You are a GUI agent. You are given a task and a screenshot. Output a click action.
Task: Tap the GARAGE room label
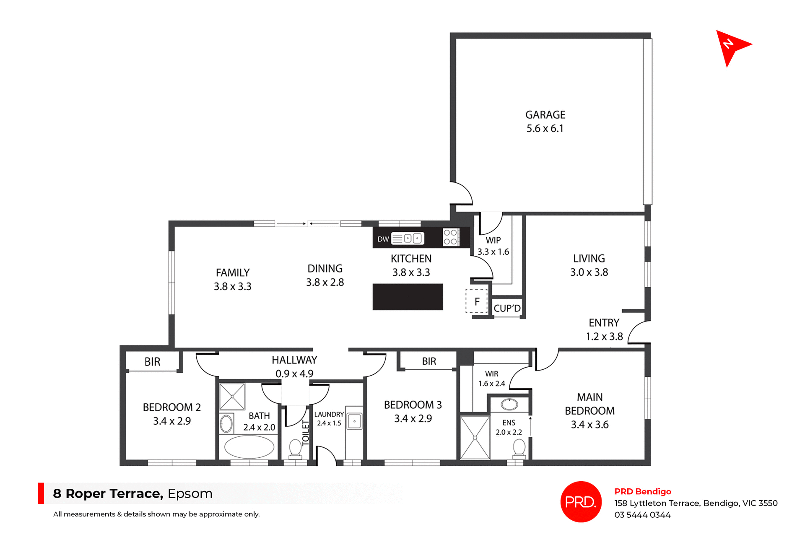point(545,115)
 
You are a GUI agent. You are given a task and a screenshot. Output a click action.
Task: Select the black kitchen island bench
point(408,297)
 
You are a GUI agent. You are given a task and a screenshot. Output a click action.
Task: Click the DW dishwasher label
point(383,239)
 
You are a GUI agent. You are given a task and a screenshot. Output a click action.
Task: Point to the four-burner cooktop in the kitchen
point(451,237)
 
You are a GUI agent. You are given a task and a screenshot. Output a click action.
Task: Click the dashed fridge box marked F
point(477,301)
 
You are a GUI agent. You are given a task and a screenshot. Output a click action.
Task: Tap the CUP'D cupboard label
point(507,309)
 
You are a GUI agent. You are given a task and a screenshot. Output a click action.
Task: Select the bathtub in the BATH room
point(249,447)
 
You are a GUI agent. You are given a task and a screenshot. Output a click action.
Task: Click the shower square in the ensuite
point(475,438)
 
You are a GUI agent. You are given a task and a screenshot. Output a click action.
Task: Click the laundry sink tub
point(354,421)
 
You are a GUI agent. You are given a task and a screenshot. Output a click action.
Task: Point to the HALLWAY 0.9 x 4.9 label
point(294,366)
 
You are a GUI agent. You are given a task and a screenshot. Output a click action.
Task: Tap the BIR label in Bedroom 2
point(152,362)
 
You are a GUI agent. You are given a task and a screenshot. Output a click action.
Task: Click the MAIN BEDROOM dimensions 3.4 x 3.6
point(589,425)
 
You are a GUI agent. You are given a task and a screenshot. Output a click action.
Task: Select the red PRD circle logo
point(581,501)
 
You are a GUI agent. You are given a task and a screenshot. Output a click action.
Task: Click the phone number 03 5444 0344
point(642,515)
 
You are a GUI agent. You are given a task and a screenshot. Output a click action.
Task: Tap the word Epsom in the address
point(190,493)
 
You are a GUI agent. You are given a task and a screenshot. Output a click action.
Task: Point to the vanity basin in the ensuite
point(509,404)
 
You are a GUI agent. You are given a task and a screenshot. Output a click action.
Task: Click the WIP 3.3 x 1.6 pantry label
point(493,246)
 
